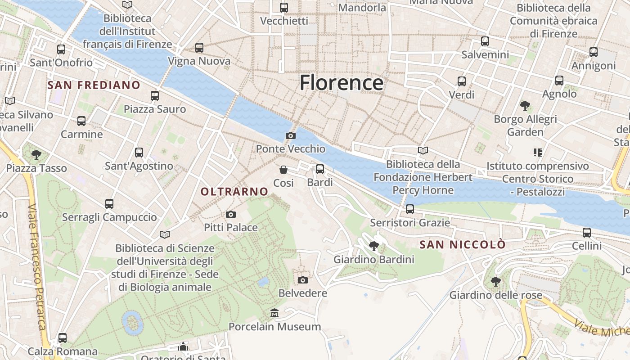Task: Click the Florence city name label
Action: click(x=342, y=83)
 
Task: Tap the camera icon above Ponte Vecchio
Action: click(x=291, y=135)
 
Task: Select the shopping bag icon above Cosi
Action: click(x=283, y=170)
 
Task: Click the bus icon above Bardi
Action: click(x=320, y=169)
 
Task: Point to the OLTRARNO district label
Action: click(x=234, y=192)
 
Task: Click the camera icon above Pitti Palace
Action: click(x=231, y=214)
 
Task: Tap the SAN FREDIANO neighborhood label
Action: click(x=94, y=85)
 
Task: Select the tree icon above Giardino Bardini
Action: click(x=373, y=246)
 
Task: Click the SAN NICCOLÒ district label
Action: click(x=463, y=245)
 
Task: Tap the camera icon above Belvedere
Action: click(x=303, y=280)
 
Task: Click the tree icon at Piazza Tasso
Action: click(x=36, y=155)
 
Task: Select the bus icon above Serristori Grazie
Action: click(x=409, y=209)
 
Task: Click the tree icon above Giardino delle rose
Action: click(x=495, y=282)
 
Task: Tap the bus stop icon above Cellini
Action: click(x=587, y=233)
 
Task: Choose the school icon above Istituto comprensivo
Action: click(x=537, y=153)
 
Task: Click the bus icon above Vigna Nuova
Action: click(x=199, y=48)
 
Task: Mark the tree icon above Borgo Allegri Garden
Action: click(x=525, y=106)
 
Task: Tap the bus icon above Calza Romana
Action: click(x=63, y=338)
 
